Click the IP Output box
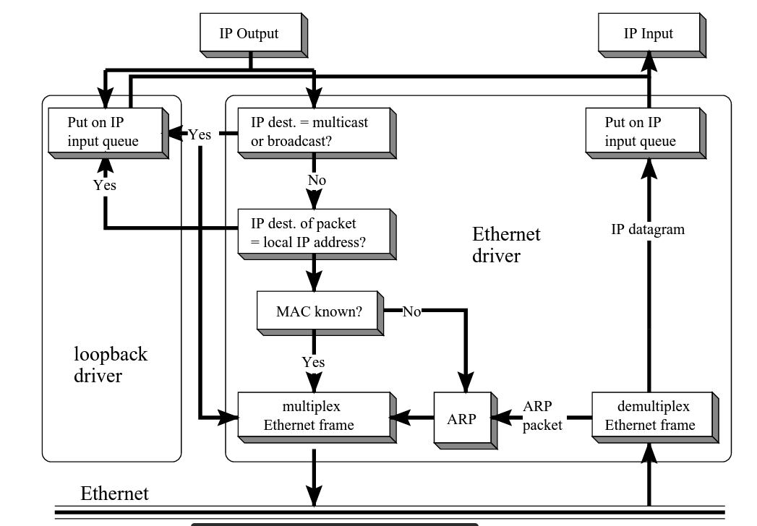[x=249, y=34]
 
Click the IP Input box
[x=648, y=34]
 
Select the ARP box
[x=461, y=418]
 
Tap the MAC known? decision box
[x=319, y=311]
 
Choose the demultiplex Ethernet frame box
[x=650, y=416]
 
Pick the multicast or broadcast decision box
[x=314, y=131]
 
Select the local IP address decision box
[x=314, y=233]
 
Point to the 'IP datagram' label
[x=648, y=230]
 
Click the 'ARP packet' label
[x=542, y=416]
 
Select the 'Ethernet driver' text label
[x=506, y=245]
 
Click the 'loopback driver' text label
[x=111, y=364]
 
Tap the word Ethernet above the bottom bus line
[x=114, y=494]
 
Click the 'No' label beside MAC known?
[x=411, y=311]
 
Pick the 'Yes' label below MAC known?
[x=313, y=362]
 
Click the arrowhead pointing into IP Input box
[x=649, y=63]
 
